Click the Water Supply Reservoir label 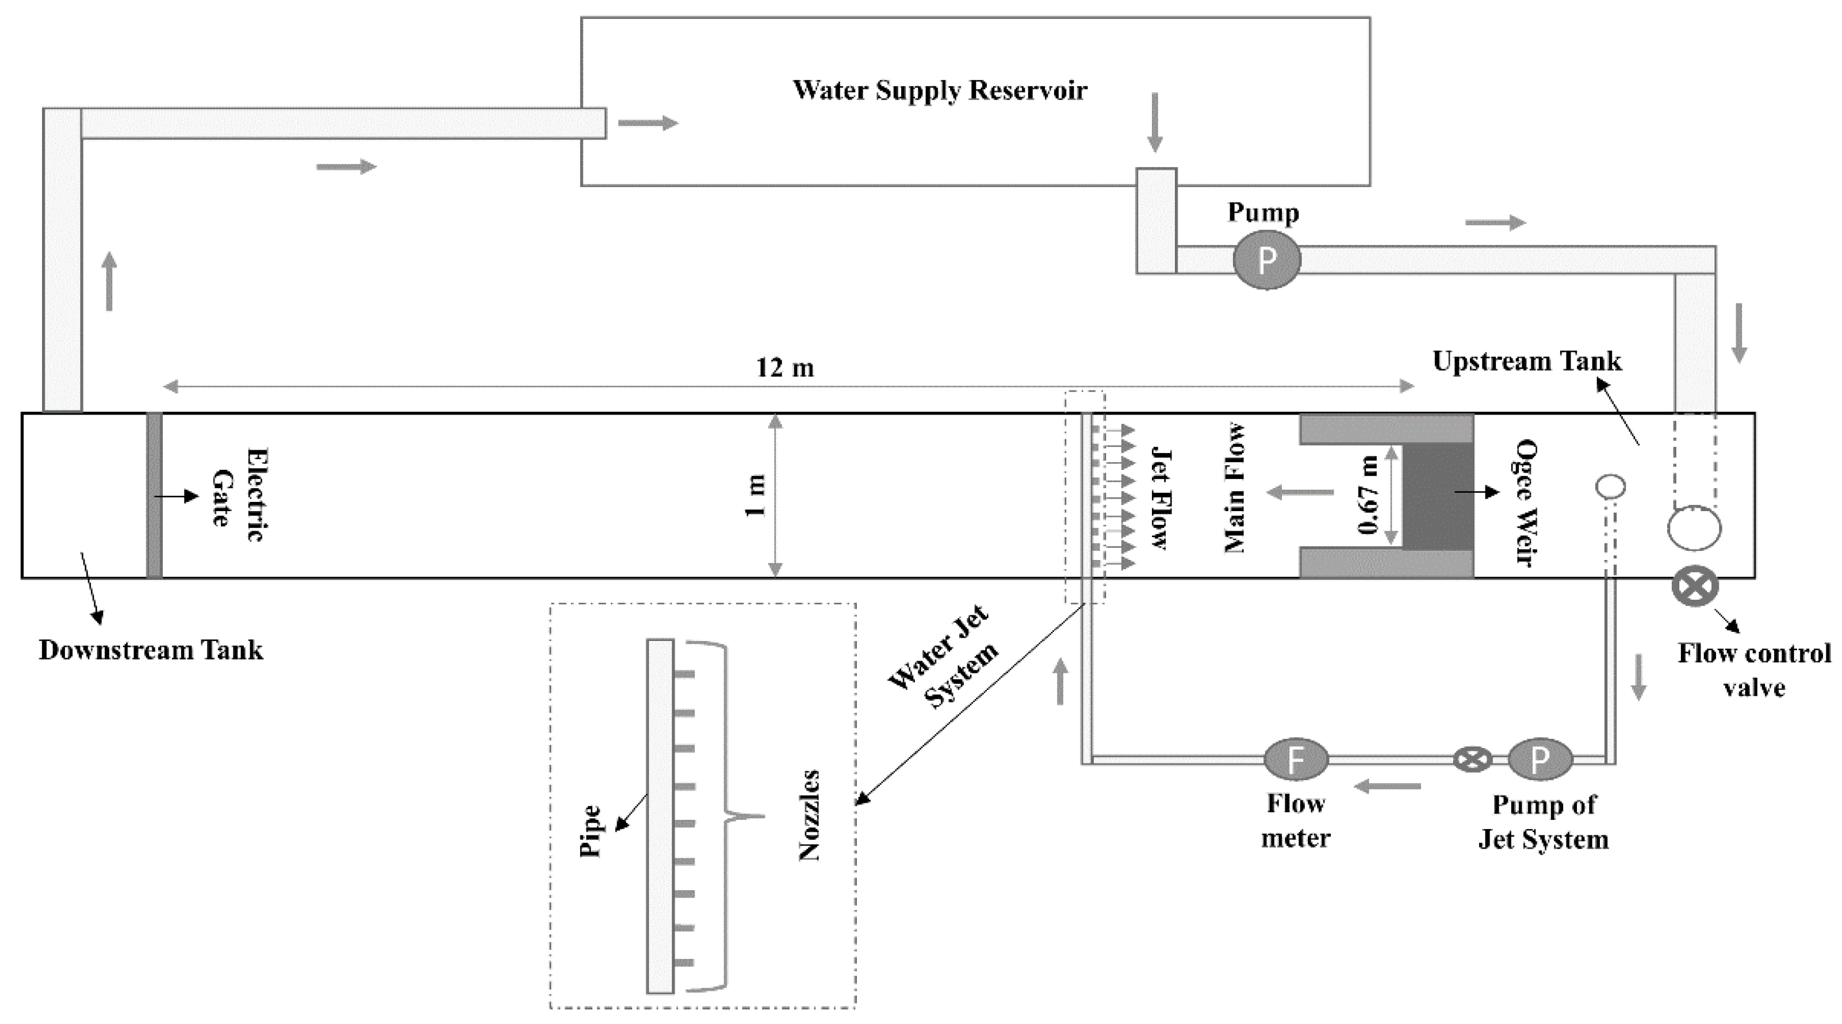(940, 91)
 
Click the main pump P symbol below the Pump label (1266, 260)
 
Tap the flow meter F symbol (1296, 760)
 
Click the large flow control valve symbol (1695, 586)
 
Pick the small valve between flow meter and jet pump (1472, 759)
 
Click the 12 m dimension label (784, 367)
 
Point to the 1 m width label (756, 495)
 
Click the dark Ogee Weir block (1437, 496)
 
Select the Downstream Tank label (151, 650)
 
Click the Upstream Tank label (1527, 361)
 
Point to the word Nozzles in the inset (808, 815)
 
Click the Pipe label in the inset (590, 831)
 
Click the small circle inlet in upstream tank (1610, 487)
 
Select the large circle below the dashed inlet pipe (1694, 528)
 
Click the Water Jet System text (943, 657)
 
